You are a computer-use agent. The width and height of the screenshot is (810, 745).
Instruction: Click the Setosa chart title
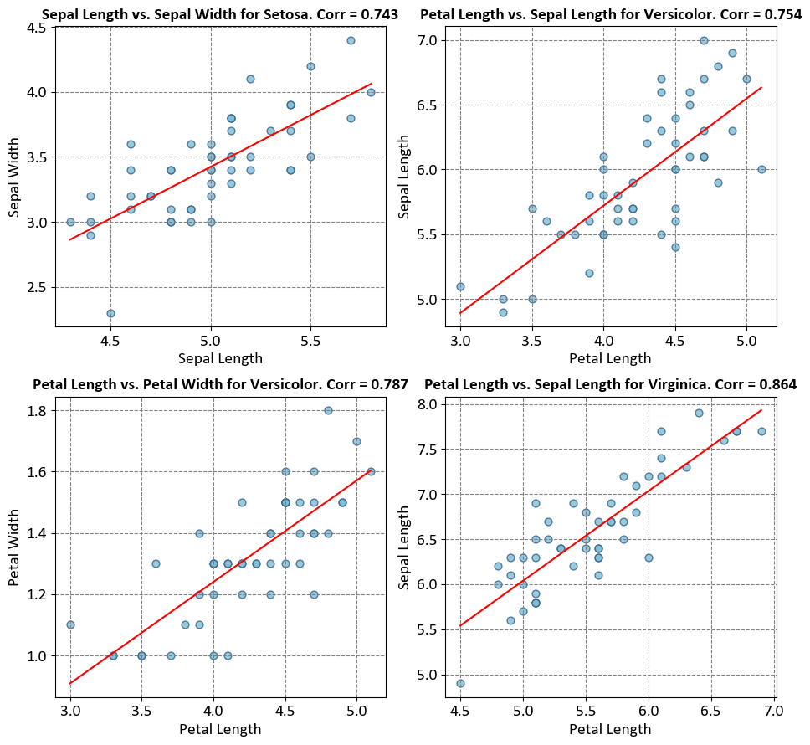[219, 14]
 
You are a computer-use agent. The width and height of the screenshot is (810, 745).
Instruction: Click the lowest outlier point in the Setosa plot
[110, 313]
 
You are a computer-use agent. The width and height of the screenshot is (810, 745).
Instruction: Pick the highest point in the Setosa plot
[351, 40]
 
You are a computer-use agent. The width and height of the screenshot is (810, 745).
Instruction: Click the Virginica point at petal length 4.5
[460, 683]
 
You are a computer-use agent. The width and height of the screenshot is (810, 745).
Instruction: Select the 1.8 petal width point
[328, 410]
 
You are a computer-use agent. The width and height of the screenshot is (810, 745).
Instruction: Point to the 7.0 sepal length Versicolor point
[704, 40]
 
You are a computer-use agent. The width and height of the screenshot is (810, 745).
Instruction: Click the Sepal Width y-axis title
[14, 176]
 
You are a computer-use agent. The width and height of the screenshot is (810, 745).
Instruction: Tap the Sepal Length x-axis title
[220, 359]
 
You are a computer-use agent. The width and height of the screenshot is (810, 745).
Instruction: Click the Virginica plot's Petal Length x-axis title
[609, 729]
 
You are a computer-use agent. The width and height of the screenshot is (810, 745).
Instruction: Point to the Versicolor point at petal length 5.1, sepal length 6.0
[761, 169]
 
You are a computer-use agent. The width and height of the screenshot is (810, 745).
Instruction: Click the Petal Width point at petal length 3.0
[70, 624]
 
